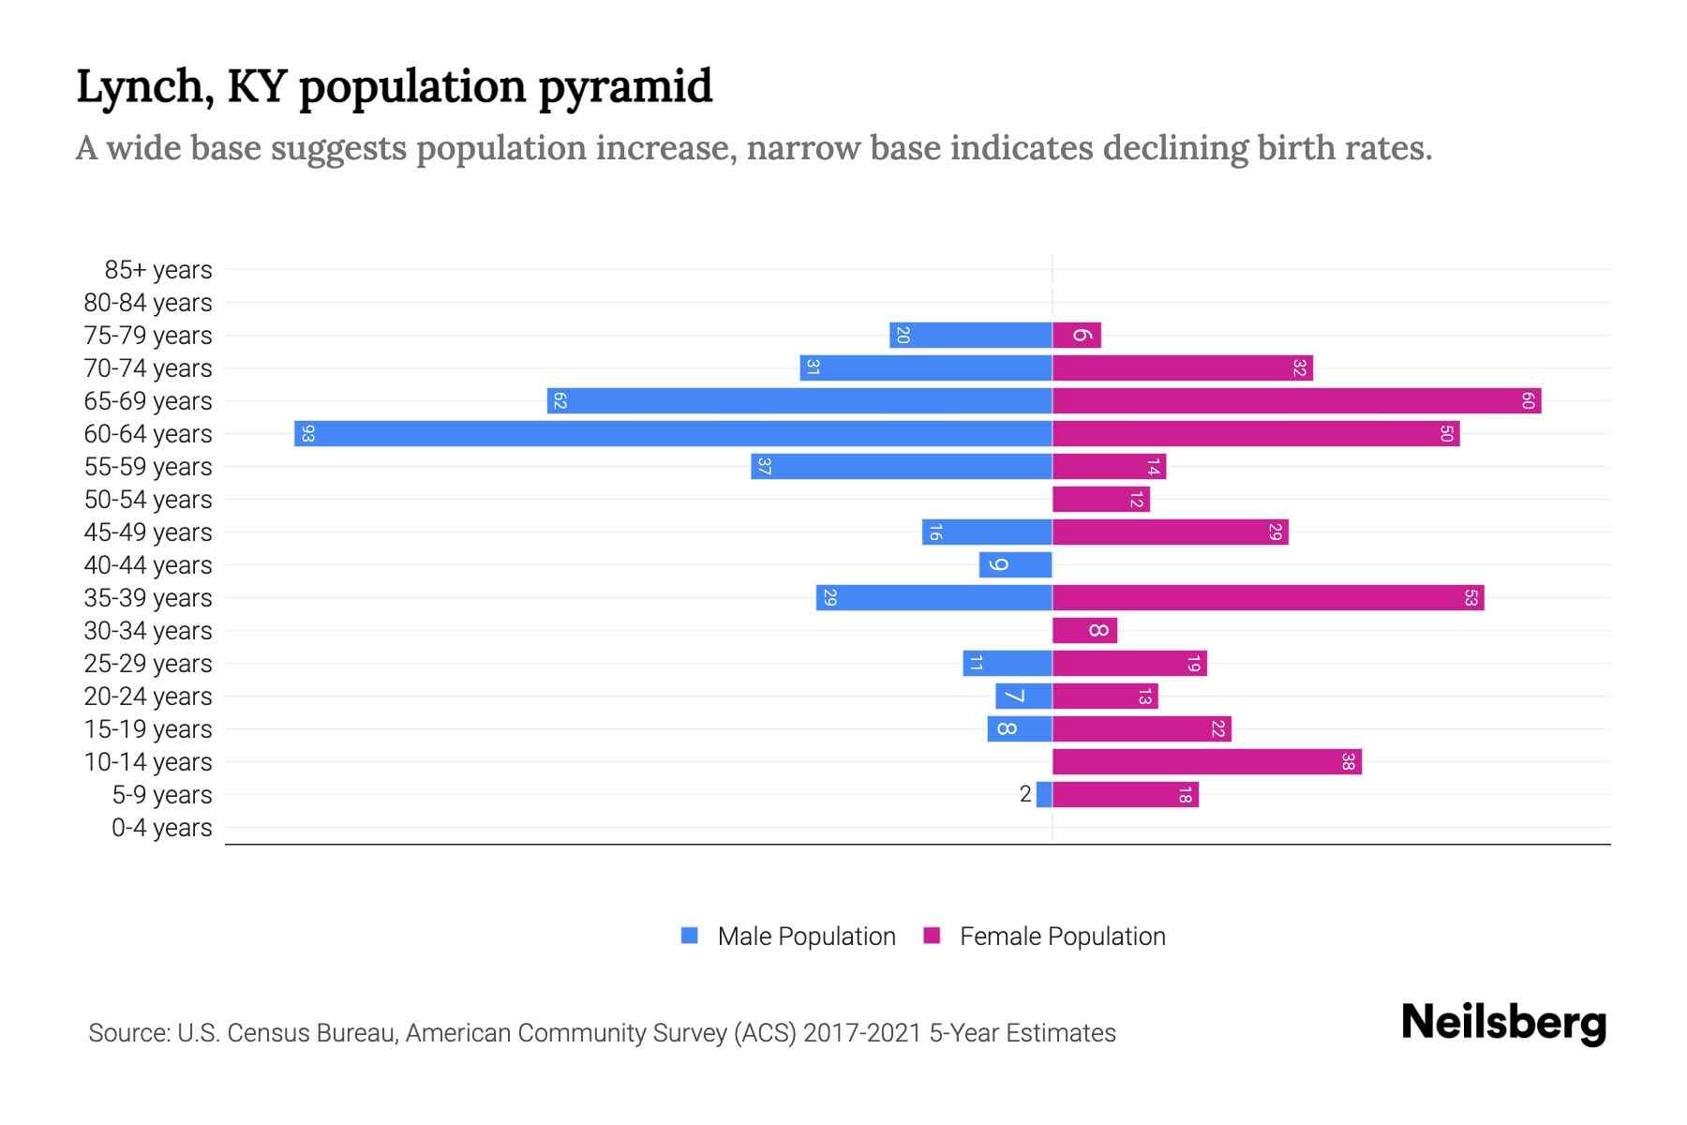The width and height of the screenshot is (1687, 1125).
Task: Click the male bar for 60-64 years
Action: coord(673,433)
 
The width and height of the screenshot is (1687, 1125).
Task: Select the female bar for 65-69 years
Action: coord(1296,400)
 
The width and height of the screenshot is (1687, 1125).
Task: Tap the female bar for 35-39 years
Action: coord(1268,597)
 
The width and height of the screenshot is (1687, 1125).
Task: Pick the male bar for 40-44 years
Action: coord(1016,564)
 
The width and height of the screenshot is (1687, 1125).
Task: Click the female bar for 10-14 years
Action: coord(1207,761)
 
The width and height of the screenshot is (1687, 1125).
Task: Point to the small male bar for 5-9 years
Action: coord(1044,794)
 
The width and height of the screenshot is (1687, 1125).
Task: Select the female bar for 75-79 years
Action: coord(1077,335)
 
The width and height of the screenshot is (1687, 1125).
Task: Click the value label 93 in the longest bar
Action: coord(308,433)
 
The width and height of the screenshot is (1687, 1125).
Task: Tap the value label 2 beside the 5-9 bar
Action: coord(1025,794)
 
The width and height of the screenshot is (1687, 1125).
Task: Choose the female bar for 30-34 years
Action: coord(1084,630)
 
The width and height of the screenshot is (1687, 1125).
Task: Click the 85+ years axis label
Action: coord(158,270)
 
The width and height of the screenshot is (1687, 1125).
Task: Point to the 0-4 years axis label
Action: coord(161,828)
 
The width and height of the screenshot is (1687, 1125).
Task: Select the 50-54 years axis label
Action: coord(148,500)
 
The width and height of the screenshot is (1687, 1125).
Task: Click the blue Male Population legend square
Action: coord(690,936)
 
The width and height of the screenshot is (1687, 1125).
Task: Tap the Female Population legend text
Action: coord(1062,936)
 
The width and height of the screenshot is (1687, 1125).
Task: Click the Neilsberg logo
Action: coord(1503,1023)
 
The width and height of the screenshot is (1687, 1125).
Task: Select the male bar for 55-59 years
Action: coord(901,466)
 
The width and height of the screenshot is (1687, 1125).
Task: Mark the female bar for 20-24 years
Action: coord(1105,696)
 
